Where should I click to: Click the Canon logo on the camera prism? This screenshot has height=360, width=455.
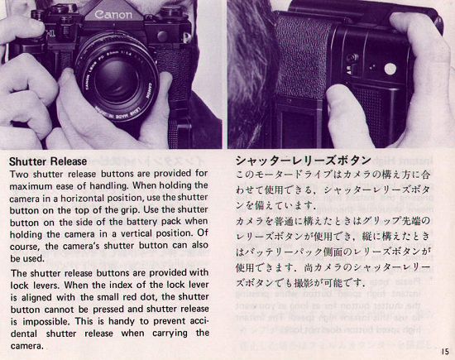coord(113,15)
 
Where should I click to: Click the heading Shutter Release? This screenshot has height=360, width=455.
coord(48,161)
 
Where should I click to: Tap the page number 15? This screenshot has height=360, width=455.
coord(445,352)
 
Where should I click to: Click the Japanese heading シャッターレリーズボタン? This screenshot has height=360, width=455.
coord(304,161)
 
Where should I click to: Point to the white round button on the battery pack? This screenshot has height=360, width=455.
coord(390,69)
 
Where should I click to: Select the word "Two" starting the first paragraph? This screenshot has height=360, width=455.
coord(19,174)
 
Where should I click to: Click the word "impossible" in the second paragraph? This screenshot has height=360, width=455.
coord(46,322)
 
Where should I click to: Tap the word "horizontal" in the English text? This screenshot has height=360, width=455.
coord(84,199)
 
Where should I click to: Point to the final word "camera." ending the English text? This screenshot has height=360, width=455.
coord(27,346)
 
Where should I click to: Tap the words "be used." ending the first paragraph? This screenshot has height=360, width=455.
coord(27,258)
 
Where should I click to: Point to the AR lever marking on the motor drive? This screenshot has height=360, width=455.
coord(349,69)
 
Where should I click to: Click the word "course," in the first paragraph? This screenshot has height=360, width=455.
coord(26,247)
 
